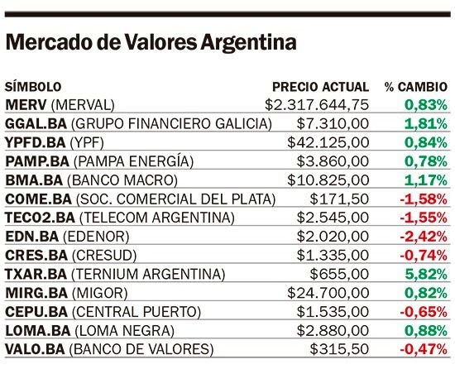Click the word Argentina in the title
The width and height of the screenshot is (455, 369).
coord(248,43)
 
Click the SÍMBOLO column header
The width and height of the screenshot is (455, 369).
coord(33,87)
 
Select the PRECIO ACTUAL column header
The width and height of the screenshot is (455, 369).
coord(321,87)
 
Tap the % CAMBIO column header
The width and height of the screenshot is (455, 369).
coord(416,87)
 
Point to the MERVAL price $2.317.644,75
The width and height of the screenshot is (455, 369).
coord(317,105)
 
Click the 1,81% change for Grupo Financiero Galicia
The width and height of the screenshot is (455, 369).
coord(426,124)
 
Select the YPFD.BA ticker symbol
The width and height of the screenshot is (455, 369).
coord(36,142)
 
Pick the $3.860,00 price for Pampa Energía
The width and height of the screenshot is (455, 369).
coord(333,161)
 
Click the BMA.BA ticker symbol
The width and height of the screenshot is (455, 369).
coord(34,180)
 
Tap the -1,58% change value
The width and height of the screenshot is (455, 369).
coord(424,199)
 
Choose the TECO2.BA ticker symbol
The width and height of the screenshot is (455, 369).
coord(40,218)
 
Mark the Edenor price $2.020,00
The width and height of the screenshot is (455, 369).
coord(333,237)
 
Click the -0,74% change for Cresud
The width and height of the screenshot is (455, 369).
coord(424,256)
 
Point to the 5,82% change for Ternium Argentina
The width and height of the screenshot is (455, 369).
coord(426,274)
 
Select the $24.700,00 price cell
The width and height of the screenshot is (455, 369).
coord(328,293)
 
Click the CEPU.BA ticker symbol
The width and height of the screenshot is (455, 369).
coord(36,312)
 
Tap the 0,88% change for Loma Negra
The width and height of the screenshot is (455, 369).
coord(426,331)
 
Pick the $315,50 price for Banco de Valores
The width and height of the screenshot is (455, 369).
coord(339,349)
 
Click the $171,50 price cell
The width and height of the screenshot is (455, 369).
coord(339,199)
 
